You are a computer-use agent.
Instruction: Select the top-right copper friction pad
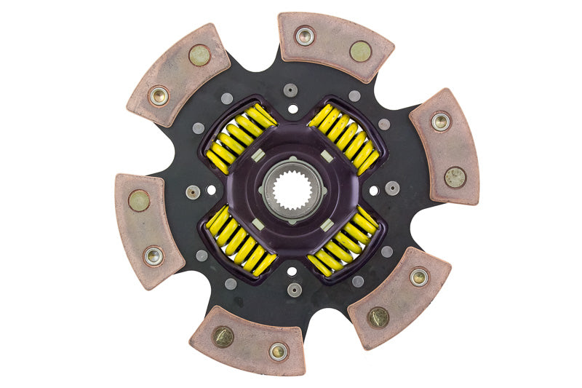335,45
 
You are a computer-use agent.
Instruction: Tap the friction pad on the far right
445,146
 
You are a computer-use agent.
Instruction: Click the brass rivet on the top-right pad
360,51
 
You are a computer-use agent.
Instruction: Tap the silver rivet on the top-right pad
305,35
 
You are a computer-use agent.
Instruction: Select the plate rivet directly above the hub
291,90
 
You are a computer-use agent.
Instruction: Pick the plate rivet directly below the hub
293,289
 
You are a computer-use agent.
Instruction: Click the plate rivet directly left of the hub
193,192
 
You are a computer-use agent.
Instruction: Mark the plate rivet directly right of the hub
392,188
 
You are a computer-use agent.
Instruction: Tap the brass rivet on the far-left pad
139,200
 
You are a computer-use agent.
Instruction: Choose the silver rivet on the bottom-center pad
278,351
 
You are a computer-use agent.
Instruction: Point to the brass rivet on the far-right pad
455,177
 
